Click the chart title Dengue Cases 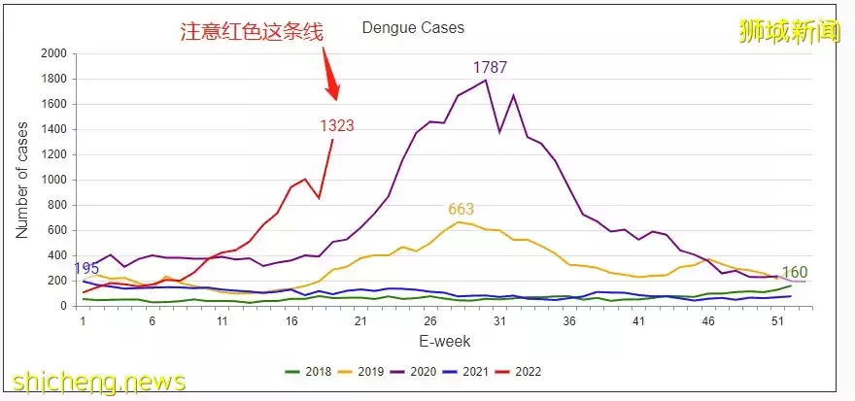(x=413, y=28)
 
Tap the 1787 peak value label (x=491, y=68)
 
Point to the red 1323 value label (x=337, y=125)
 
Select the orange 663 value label (x=462, y=209)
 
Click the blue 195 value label (x=86, y=268)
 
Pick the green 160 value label (x=795, y=273)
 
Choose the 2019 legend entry (x=361, y=372)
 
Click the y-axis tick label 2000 (x=54, y=53)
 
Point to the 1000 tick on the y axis (x=54, y=180)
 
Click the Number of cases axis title (x=22, y=180)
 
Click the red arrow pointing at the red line (x=330, y=78)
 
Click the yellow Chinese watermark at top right (x=789, y=29)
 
